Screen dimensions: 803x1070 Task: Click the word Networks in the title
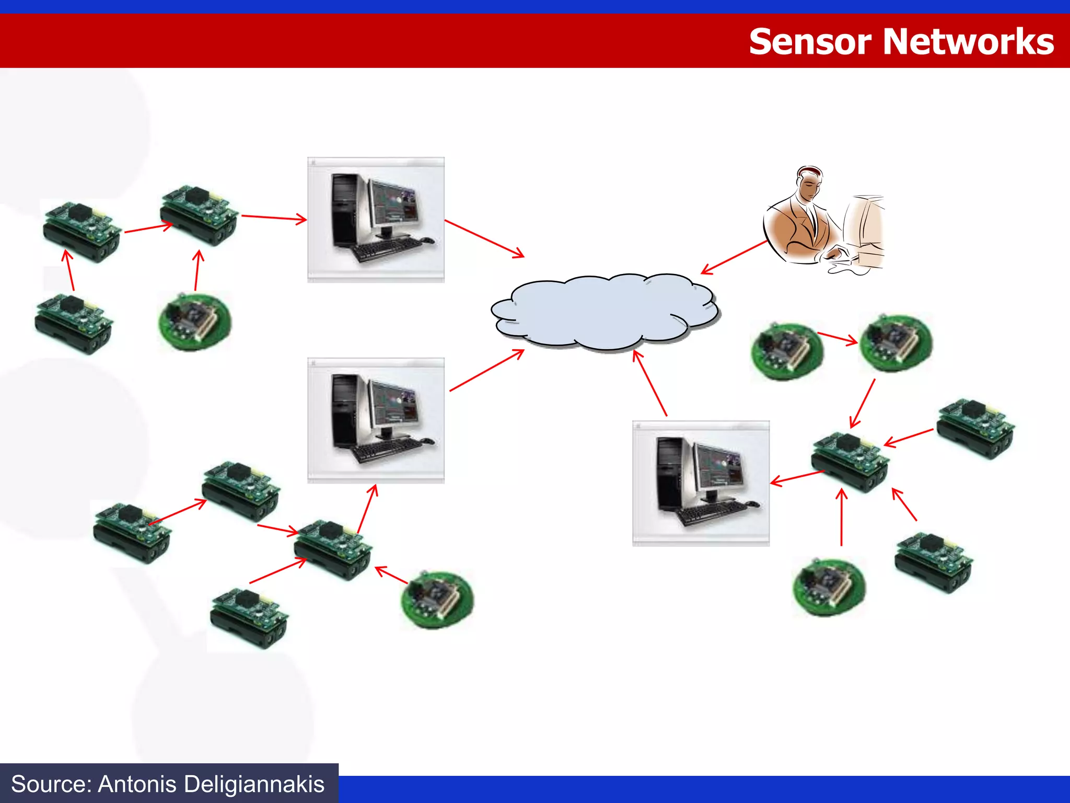pyautogui.click(x=968, y=42)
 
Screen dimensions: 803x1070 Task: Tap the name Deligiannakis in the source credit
pyautogui.click(x=254, y=784)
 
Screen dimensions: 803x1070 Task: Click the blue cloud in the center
pyautogui.click(x=603, y=311)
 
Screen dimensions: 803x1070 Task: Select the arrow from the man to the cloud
pyautogui.click(x=734, y=257)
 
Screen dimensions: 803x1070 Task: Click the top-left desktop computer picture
pyautogui.click(x=376, y=220)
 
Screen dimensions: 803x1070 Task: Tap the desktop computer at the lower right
pyautogui.click(x=701, y=483)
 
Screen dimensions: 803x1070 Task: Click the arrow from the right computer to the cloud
pyautogui.click(x=650, y=383)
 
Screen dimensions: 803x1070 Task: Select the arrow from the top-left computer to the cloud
pyautogui.click(x=484, y=238)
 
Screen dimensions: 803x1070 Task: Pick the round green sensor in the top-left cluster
pyautogui.click(x=194, y=321)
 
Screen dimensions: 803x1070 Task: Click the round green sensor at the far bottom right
pyautogui.click(x=829, y=587)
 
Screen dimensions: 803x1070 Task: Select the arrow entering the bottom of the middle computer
pyautogui.click(x=367, y=509)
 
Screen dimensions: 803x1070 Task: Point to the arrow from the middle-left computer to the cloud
pyautogui.click(x=486, y=370)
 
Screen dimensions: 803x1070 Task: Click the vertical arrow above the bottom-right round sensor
pyautogui.click(x=841, y=518)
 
